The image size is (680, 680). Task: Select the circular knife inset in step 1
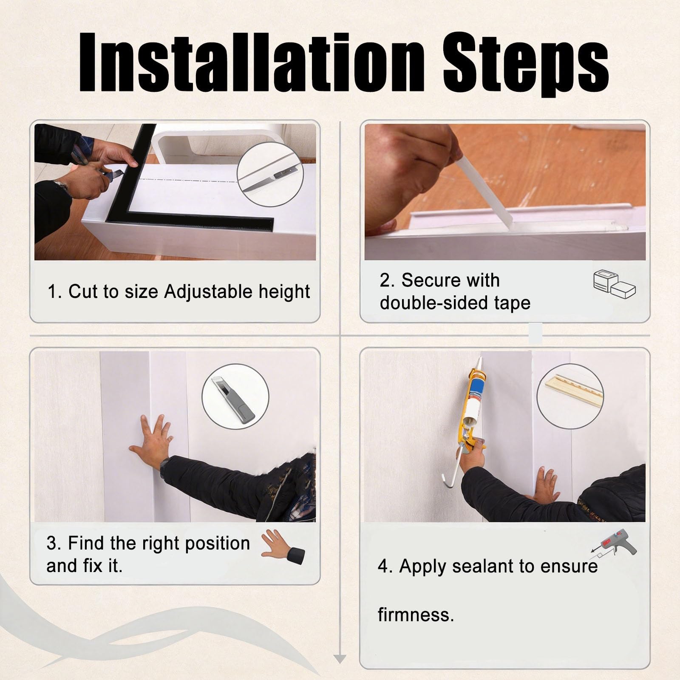270,174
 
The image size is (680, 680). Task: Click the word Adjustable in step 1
202,292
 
